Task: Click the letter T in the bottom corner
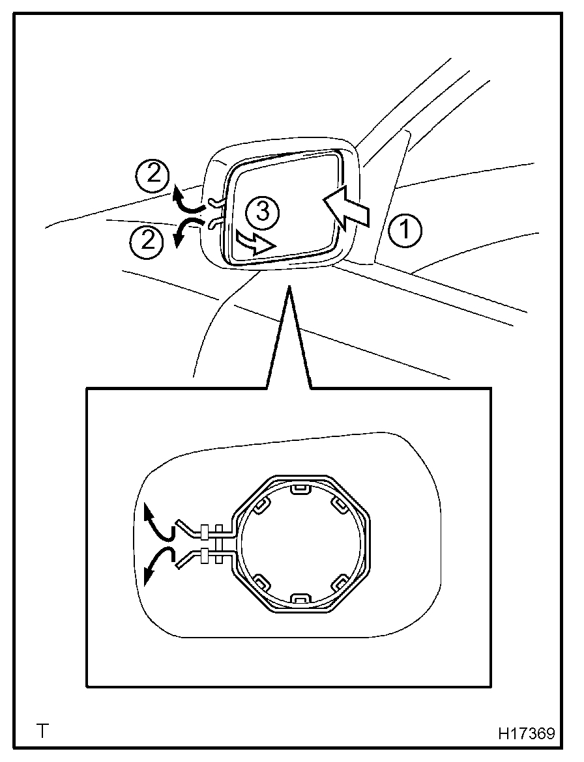44,731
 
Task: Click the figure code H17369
527,733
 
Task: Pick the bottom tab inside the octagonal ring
300,597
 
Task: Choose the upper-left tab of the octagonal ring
263,504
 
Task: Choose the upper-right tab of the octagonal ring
339,504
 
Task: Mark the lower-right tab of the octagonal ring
339,580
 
